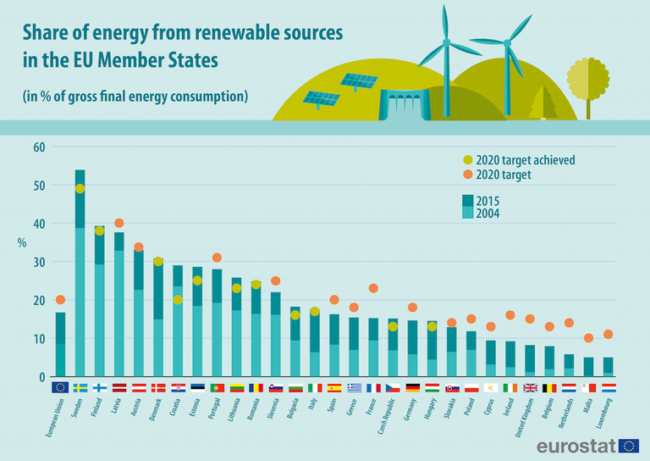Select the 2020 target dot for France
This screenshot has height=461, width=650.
pos(372,289)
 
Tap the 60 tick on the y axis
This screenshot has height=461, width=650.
pos(38,147)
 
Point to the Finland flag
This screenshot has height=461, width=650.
pos(100,387)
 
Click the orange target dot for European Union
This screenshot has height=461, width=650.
pos(60,300)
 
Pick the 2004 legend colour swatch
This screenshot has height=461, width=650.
pos(468,214)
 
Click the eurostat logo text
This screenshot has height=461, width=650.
pos(573,446)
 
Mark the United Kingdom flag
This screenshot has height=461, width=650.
pos(530,387)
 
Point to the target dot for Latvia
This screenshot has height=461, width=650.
pos(119,224)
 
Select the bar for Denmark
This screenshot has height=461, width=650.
pos(158,318)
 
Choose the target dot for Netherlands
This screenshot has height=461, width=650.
pos(569,323)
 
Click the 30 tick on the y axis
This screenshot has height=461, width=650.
pos(38,262)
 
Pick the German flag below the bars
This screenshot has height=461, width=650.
pos(413,387)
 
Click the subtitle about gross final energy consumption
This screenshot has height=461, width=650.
pos(135,96)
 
